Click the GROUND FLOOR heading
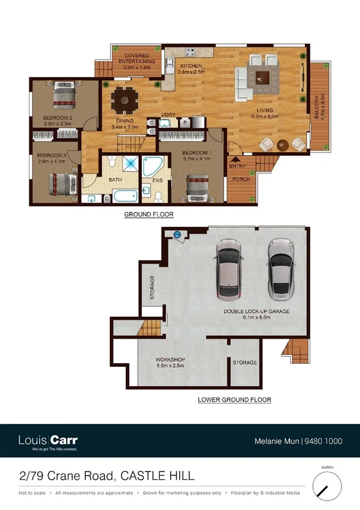(145, 214)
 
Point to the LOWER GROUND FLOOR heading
(234, 399)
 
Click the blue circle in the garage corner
(177, 235)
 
